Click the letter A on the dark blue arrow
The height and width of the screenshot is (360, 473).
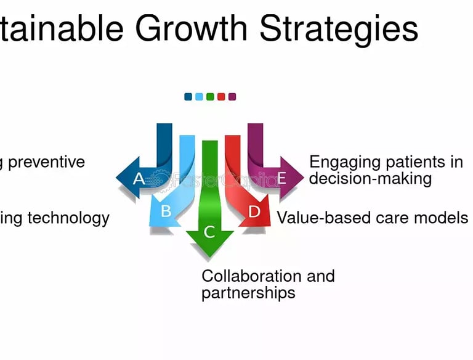click(x=139, y=179)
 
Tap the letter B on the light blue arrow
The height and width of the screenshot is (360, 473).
click(x=166, y=211)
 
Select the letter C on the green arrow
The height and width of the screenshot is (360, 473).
click(x=209, y=232)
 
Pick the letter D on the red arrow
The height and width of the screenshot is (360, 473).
click(x=254, y=211)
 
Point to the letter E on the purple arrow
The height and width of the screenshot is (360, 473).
click(x=282, y=179)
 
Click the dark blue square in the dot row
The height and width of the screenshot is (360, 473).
click(x=188, y=96)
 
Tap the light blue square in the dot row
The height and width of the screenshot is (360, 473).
click(x=199, y=96)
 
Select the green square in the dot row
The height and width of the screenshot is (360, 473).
click(x=210, y=96)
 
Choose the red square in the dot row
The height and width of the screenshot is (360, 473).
click(x=221, y=96)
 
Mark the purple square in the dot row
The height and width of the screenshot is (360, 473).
click(x=232, y=96)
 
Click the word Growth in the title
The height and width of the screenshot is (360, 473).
click(x=191, y=28)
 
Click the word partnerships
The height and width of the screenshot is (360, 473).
click(x=248, y=292)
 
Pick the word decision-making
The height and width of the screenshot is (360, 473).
click(x=370, y=179)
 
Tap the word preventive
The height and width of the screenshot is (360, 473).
click(x=46, y=162)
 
